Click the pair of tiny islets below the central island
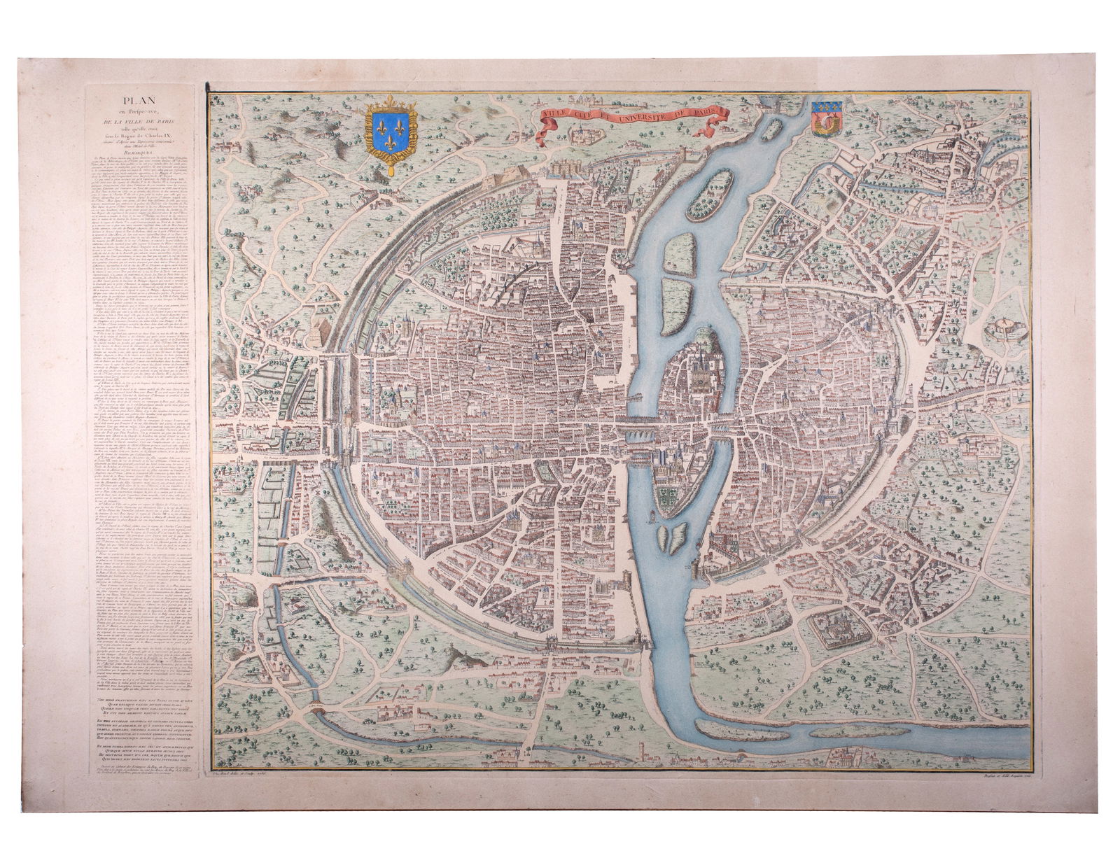coord(669,537)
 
